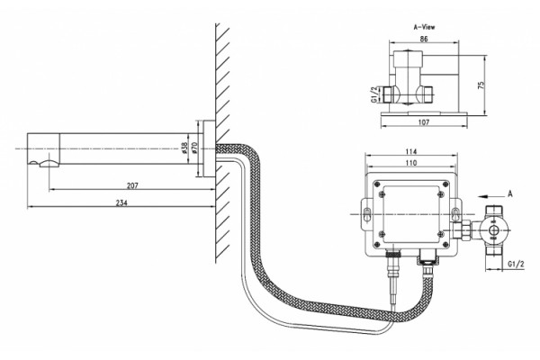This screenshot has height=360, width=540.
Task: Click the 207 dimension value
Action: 132,185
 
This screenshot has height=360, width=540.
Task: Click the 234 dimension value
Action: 121,202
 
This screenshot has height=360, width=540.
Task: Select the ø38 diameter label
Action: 184,148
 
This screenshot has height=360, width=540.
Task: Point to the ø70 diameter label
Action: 193,148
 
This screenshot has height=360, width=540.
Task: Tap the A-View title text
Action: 424,27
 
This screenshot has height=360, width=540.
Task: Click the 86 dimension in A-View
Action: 424,39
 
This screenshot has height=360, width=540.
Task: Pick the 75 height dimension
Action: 481,85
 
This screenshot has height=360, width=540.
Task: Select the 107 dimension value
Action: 424,122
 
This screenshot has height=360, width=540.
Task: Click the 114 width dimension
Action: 411,151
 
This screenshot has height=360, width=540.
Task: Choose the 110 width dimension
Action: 411,163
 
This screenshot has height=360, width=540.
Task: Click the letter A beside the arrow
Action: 510,194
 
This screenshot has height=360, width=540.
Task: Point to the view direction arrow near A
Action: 489,196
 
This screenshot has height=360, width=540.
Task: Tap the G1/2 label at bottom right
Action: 516,265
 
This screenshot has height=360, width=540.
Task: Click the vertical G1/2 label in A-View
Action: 373,94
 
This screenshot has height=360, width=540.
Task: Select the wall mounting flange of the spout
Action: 209,148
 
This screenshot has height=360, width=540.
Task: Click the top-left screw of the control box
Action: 378,184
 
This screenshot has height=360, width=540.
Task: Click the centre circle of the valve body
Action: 494,230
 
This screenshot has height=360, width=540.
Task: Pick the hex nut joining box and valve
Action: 462,230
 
